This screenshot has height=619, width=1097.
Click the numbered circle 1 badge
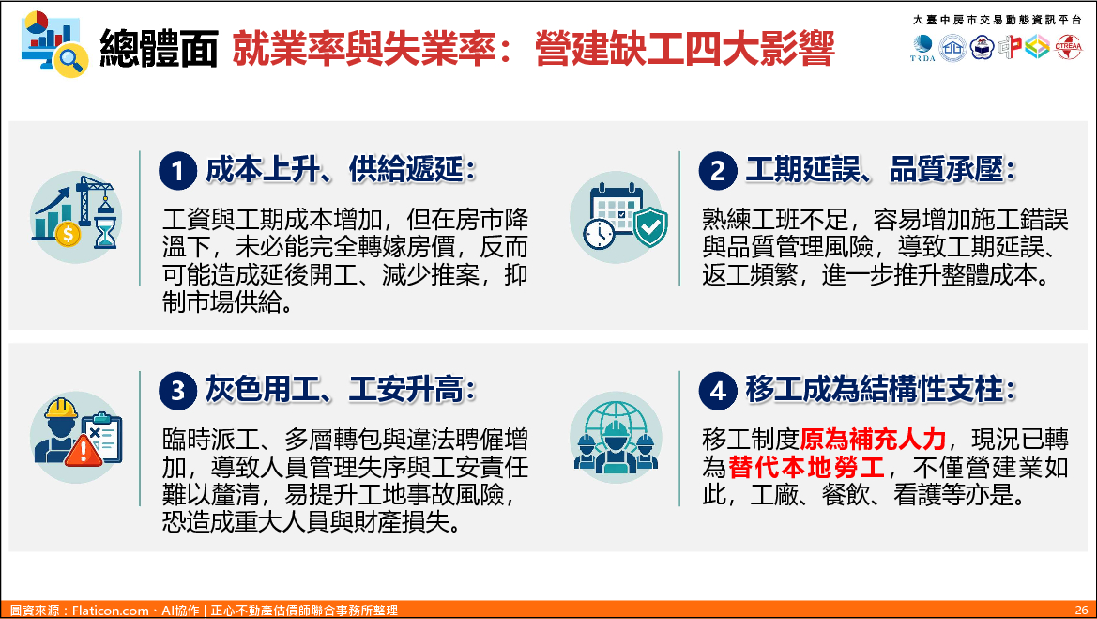click(x=177, y=171)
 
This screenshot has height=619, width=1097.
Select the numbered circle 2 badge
click(x=718, y=171)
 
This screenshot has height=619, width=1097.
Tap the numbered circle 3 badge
click(x=177, y=391)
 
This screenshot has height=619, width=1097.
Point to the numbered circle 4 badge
click(x=718, y=391)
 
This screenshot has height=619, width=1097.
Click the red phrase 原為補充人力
click(x=873, y=439)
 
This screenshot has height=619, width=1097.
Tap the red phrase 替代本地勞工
click(x=807, y=467)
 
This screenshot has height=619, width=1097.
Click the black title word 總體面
click(x=159, y=48)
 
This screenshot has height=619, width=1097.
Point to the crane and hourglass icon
click(x=76, y=217)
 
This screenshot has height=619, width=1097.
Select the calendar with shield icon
click(x=616, y=217)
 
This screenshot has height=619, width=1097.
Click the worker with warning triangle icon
click(x=76, y=436)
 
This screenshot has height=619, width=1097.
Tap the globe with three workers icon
click(x=616, y=436)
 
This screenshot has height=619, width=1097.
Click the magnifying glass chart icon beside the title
click(x=54, y=43)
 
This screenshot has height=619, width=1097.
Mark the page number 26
click(x=1082, y=610)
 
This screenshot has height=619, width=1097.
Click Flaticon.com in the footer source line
click(x=111, y=611)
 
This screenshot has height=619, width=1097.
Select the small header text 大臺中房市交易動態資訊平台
click(x=997, y=20)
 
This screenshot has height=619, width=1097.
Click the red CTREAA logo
click(x=1068, y=47)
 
